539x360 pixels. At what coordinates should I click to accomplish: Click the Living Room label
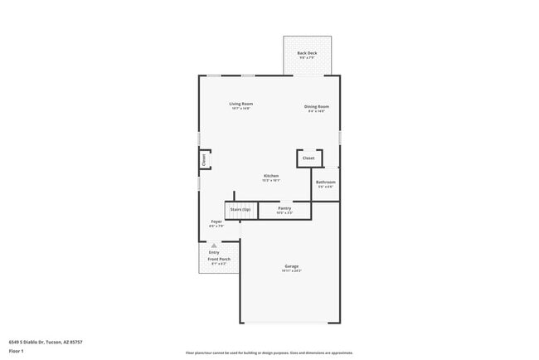point(240,103)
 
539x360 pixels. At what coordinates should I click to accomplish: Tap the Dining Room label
point(317,106)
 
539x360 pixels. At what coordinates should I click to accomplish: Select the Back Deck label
point(307,53)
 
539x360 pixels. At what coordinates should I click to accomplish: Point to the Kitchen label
point(271,175)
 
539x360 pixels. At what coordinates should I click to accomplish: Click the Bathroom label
point(325,182)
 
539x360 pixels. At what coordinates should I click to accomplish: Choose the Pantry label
point(284,208)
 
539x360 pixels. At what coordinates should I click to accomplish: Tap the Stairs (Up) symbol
point(240,210)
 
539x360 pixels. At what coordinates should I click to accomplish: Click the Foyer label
point(216,221)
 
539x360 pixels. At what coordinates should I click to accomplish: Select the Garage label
point(291,266)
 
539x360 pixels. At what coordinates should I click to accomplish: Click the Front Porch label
point(219,259)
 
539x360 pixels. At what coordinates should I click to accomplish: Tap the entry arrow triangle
point(214,246)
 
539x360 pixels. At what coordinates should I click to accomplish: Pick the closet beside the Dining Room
point(308,158)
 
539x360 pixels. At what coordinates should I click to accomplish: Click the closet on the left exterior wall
point(204,160)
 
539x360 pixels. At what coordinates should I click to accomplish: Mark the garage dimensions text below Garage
point(291,271)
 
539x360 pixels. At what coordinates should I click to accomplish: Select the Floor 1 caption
point(16,351)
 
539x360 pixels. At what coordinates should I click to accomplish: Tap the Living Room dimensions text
point(240,108)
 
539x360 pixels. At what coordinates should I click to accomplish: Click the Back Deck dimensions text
point(307,58)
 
